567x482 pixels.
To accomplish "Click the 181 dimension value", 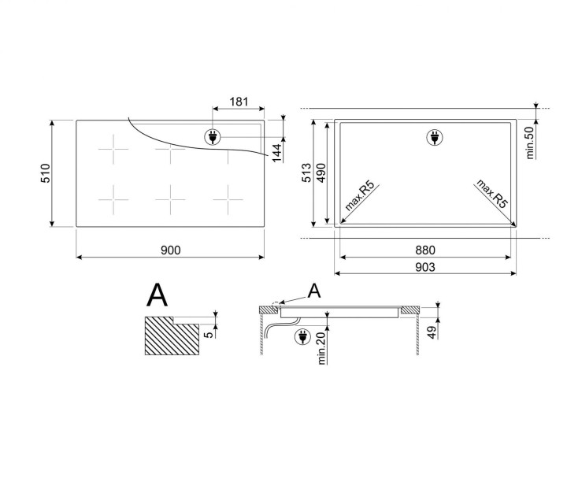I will (x=239, y=102).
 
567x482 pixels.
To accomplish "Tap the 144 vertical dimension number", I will (x=276, y=152).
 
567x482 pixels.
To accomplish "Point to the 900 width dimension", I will (x=170, y=250).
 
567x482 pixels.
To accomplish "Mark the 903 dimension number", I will (x=425, y=268).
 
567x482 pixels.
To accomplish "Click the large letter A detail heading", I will (x=157, y=295).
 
